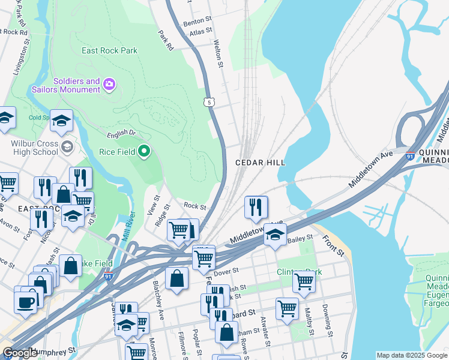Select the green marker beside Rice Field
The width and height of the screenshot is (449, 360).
144,152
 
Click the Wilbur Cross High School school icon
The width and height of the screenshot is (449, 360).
67,146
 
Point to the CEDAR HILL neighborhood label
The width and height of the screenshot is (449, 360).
260,163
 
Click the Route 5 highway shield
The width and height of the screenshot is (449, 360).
209,102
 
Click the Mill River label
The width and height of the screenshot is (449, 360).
126,227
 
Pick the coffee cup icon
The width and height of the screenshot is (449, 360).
26,302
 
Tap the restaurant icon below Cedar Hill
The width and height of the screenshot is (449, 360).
256,207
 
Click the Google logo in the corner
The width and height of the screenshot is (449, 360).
20,353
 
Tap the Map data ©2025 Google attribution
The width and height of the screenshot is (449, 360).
411,355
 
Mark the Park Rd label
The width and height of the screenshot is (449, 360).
166,40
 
